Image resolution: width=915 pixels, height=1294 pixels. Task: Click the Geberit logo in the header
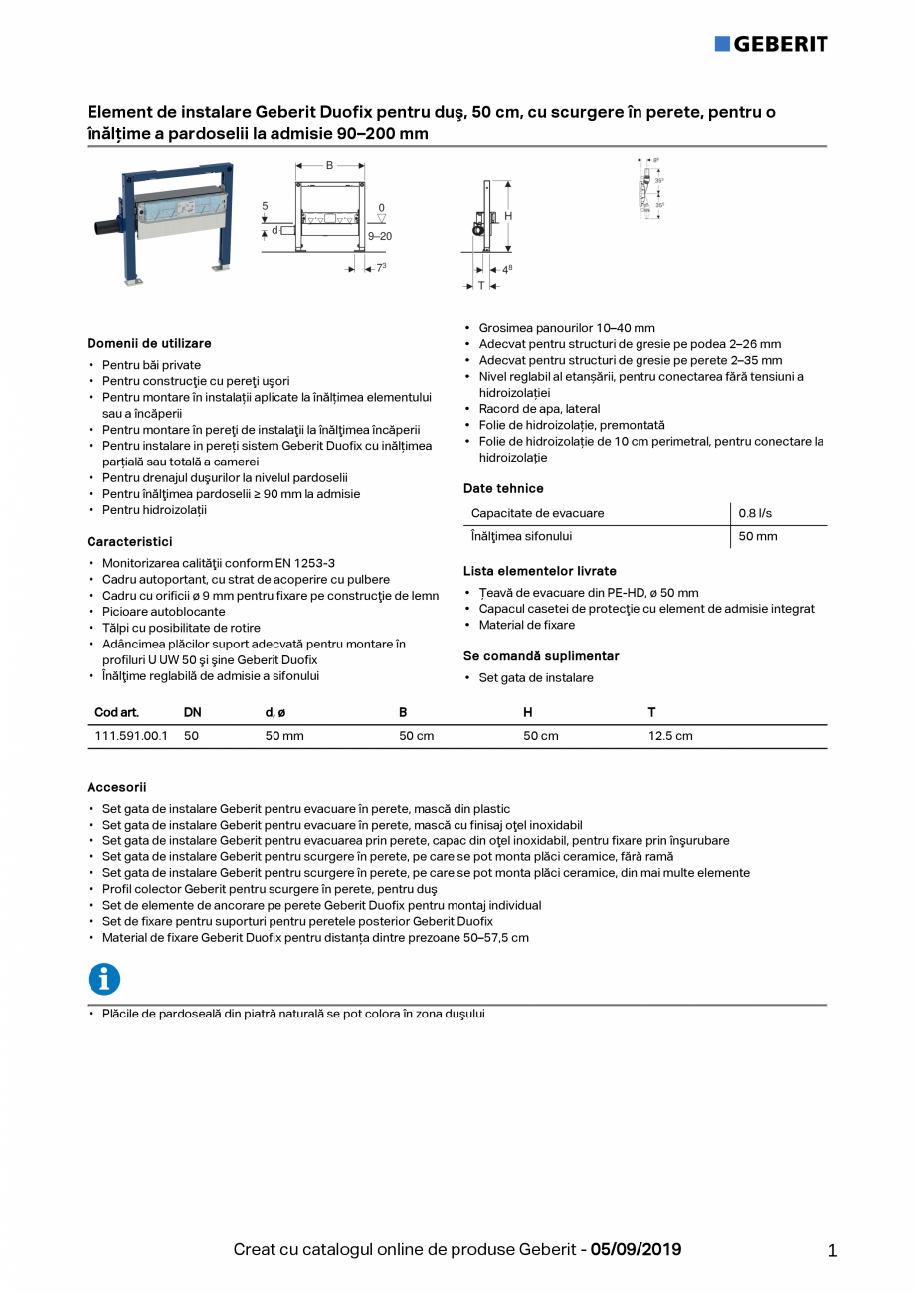[771, 43]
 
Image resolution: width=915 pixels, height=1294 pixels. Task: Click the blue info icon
[104, 980]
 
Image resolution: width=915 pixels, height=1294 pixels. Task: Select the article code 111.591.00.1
[131, 736]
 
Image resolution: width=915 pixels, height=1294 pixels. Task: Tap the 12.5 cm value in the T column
[670, 736]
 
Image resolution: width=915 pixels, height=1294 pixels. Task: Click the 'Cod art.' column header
[116, 712]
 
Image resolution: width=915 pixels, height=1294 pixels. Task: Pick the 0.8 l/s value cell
[755, 513]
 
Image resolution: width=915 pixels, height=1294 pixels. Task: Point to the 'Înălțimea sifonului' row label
[521, 536]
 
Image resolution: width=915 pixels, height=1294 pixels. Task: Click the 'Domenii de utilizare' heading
[149, 343]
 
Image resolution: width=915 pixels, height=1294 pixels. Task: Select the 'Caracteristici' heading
[129, 542]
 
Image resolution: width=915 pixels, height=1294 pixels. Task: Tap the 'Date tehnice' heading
[503, 488]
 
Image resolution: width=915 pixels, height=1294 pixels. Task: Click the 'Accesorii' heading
[116, 787]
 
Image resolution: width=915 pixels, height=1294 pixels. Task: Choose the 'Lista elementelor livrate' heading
[540, 571]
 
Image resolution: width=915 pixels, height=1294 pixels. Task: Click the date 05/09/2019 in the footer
[636, 1249]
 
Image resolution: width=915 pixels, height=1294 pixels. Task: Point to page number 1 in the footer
[832, 1251]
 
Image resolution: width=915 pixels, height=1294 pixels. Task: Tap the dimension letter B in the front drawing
[329, 165]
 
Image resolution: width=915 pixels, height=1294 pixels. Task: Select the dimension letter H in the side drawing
[508, 216]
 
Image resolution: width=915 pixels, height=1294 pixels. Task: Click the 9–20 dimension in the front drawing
[380, 237]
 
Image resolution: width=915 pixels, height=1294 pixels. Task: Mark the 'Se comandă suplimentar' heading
[541, 656]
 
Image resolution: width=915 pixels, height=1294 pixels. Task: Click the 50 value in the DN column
[192, 736]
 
